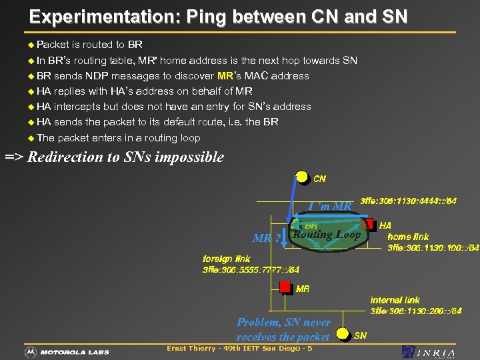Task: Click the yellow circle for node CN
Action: pyautogui.click(x=303, y=177)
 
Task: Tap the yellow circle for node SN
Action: pyautogui.click(x=343, y=333)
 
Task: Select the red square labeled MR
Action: pyautogui.click(x=285, y=287)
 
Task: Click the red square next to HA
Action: pyautogui.click(x=368, y=224)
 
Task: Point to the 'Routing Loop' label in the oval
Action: pyautogui.click(x=327, y=235)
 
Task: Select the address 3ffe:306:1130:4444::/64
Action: pyautogui.click(x=408, y=201)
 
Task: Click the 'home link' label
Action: pyautogui.click(x=408, y=237)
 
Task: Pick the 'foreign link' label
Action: pyautogui.click(x=227, y=259)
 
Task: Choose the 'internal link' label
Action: pyautogui.click(x=395, y=300)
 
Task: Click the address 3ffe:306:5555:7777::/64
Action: pyautogui.click(x=251, y=270)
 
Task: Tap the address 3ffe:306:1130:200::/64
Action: pyautogui.click(x=416, y=311)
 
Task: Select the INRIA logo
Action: pyautogui.click(x=429, y=352)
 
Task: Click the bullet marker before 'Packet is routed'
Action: pyautogui.click(x=31, y=45)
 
